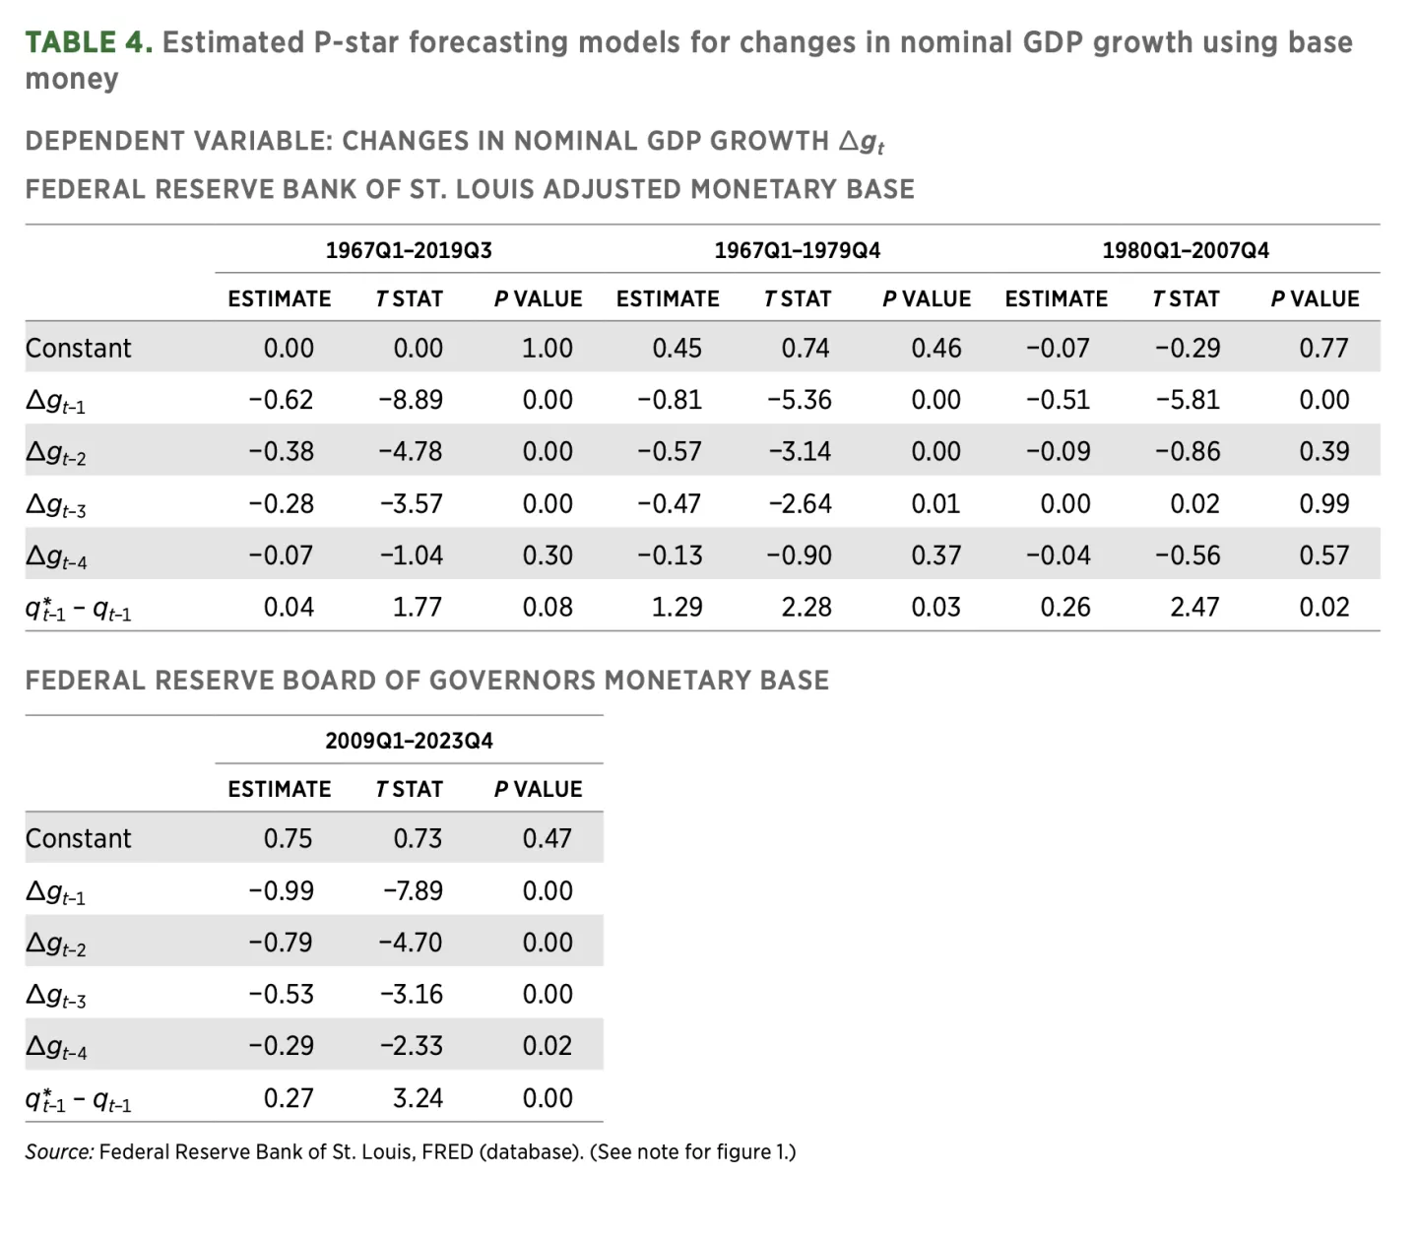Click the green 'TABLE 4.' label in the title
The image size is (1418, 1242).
point(88,42)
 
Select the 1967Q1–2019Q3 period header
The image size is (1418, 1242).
point(409,250)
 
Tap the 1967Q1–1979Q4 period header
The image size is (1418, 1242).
point(797,250)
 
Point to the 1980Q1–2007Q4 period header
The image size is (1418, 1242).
point(1185,250)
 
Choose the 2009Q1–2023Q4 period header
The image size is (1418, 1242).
point(409,741)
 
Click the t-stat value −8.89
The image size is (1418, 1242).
point(411,400)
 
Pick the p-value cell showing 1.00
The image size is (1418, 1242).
point(547,349)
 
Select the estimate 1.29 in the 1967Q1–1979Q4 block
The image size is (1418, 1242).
point(677,607)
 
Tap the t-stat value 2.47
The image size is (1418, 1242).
point(1194,607)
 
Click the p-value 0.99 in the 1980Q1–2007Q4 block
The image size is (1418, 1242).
point(1323,504)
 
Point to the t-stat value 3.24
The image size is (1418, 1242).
point(418,1098)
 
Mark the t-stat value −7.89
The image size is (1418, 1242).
point(413,890)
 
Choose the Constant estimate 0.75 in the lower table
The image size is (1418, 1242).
point(288,838)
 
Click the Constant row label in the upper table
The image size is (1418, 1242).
point(78,349)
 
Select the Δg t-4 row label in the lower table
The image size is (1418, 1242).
point(56,1048)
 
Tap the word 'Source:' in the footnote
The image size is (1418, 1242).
point(59,1151)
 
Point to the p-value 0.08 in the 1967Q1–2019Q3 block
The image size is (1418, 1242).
point(547,607)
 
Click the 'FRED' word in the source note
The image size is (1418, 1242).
point(447,1151)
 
